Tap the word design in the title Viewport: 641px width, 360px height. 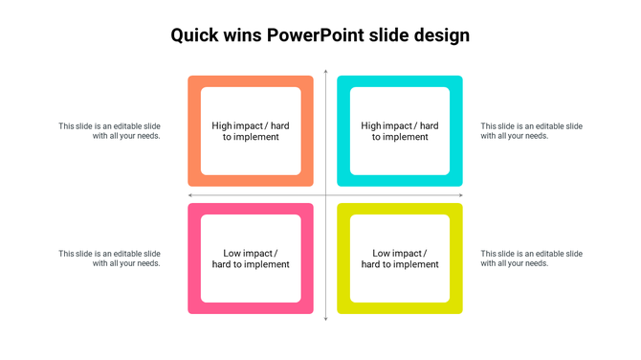[442, 36]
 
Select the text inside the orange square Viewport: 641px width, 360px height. [251, 131]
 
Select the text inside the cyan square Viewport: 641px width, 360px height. [400, 131]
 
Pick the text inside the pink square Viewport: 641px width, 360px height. [251, 259]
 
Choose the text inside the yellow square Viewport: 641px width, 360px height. [400, 259]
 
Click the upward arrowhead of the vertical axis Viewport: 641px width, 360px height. [325, 72]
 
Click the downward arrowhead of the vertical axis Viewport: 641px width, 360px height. [325, 318]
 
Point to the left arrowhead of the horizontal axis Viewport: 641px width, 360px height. [190, 195]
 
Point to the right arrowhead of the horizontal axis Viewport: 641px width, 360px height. [461, 195]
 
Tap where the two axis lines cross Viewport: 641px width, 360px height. [325, 195]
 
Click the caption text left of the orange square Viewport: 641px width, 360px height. [109, 131]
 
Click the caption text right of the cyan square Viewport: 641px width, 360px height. [531, 131]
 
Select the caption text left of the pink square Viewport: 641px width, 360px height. [109, 259]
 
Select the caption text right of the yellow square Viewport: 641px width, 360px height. [531, 259]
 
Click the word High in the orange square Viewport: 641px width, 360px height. [222, 125]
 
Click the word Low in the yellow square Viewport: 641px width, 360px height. [382, 254]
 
